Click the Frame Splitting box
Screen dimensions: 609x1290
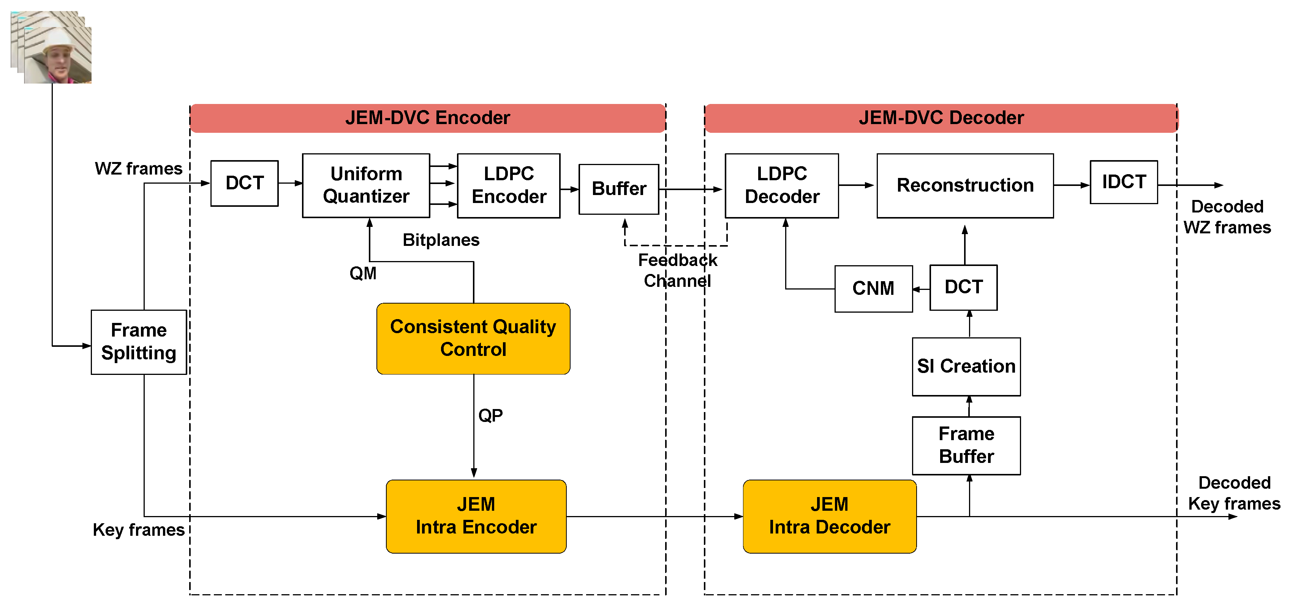[139, 342]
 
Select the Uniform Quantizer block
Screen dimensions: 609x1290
[366, 185]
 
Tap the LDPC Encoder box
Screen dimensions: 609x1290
[508, 185]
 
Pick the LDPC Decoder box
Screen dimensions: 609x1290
[782, 185]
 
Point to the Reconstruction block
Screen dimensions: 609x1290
[964, 185]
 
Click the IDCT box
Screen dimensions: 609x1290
[1123, 182]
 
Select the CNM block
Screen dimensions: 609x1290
[873, 288]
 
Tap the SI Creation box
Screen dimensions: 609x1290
[966, 366]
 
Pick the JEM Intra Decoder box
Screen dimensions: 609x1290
[829, 516]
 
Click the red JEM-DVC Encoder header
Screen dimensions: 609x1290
[427, 118]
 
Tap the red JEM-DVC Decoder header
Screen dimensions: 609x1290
[941, 118]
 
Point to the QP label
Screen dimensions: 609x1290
[490, 415]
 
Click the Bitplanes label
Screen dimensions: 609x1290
[441, 240]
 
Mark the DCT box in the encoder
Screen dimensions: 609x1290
[244, 183]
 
